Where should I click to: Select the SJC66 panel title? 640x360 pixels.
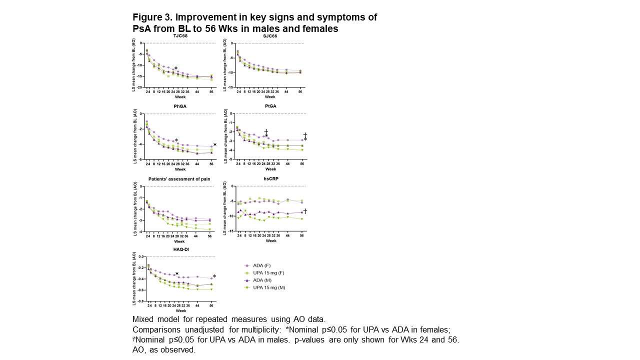270,36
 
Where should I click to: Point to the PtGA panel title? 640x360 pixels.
270,106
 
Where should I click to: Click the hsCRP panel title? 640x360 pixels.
270,178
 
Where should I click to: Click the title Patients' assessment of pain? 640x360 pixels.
179,178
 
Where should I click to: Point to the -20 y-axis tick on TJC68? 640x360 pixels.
140,87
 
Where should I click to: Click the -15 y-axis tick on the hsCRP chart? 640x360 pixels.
231,231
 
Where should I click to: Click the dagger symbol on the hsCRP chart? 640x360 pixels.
305,211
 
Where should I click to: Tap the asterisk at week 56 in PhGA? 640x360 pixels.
215,145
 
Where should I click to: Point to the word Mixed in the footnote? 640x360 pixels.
144,319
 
